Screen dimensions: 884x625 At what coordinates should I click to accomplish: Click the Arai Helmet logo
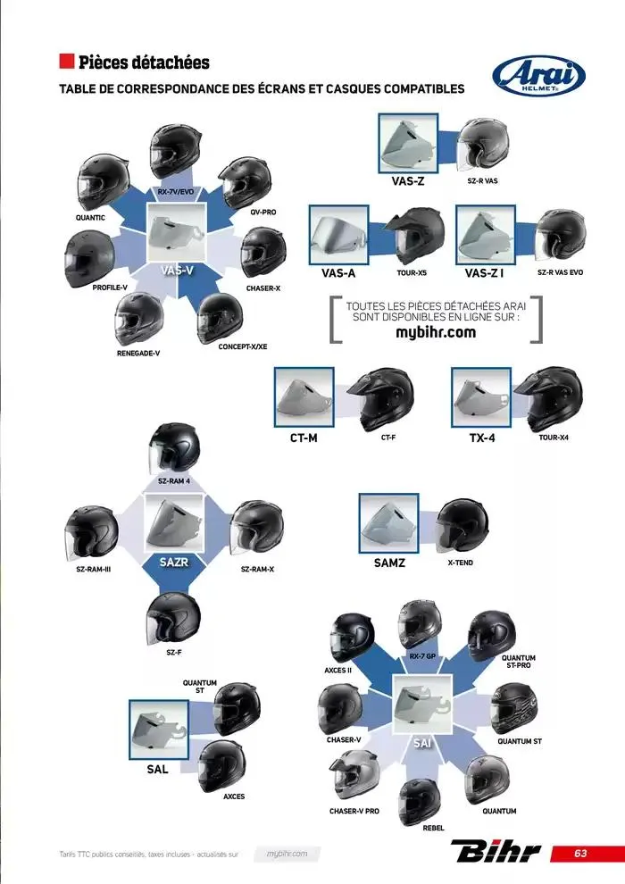point(539,78)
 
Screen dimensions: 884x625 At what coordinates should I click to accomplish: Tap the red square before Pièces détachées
point(66,62)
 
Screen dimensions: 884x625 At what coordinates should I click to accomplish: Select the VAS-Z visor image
point(407,143)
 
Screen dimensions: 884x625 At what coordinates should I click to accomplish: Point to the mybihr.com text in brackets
point(435,332)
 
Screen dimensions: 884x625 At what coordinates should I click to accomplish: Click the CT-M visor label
point(304,438)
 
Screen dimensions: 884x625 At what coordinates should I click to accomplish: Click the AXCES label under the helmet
point(234,796)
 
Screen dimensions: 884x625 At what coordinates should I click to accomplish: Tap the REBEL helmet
point(419,799)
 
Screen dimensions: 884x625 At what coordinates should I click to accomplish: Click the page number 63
point(580,853)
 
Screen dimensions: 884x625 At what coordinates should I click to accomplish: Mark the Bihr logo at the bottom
point(496,853)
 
